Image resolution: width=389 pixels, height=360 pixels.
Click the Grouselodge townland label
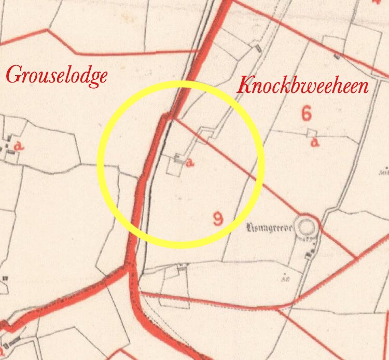pyautogui.click(x=57, y=76)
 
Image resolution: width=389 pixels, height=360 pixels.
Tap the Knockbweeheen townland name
pyautogui.click(x=302, y=85)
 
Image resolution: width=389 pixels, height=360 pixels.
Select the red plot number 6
pyautogui.click(x=306, y=114)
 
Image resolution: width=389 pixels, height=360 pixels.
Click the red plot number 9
pyautogui.click(x=218, y=218)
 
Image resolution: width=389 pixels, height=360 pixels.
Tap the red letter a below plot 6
pyautogui.click(x=314, y=143)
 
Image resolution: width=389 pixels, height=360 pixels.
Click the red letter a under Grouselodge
pyautogui.click(x=20, y=147)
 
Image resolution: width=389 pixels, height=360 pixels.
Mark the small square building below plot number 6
pyautogui.click(x=311, y=133)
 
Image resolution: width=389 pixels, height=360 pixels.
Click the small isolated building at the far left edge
pyautogui.click(x=5, y=279)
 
